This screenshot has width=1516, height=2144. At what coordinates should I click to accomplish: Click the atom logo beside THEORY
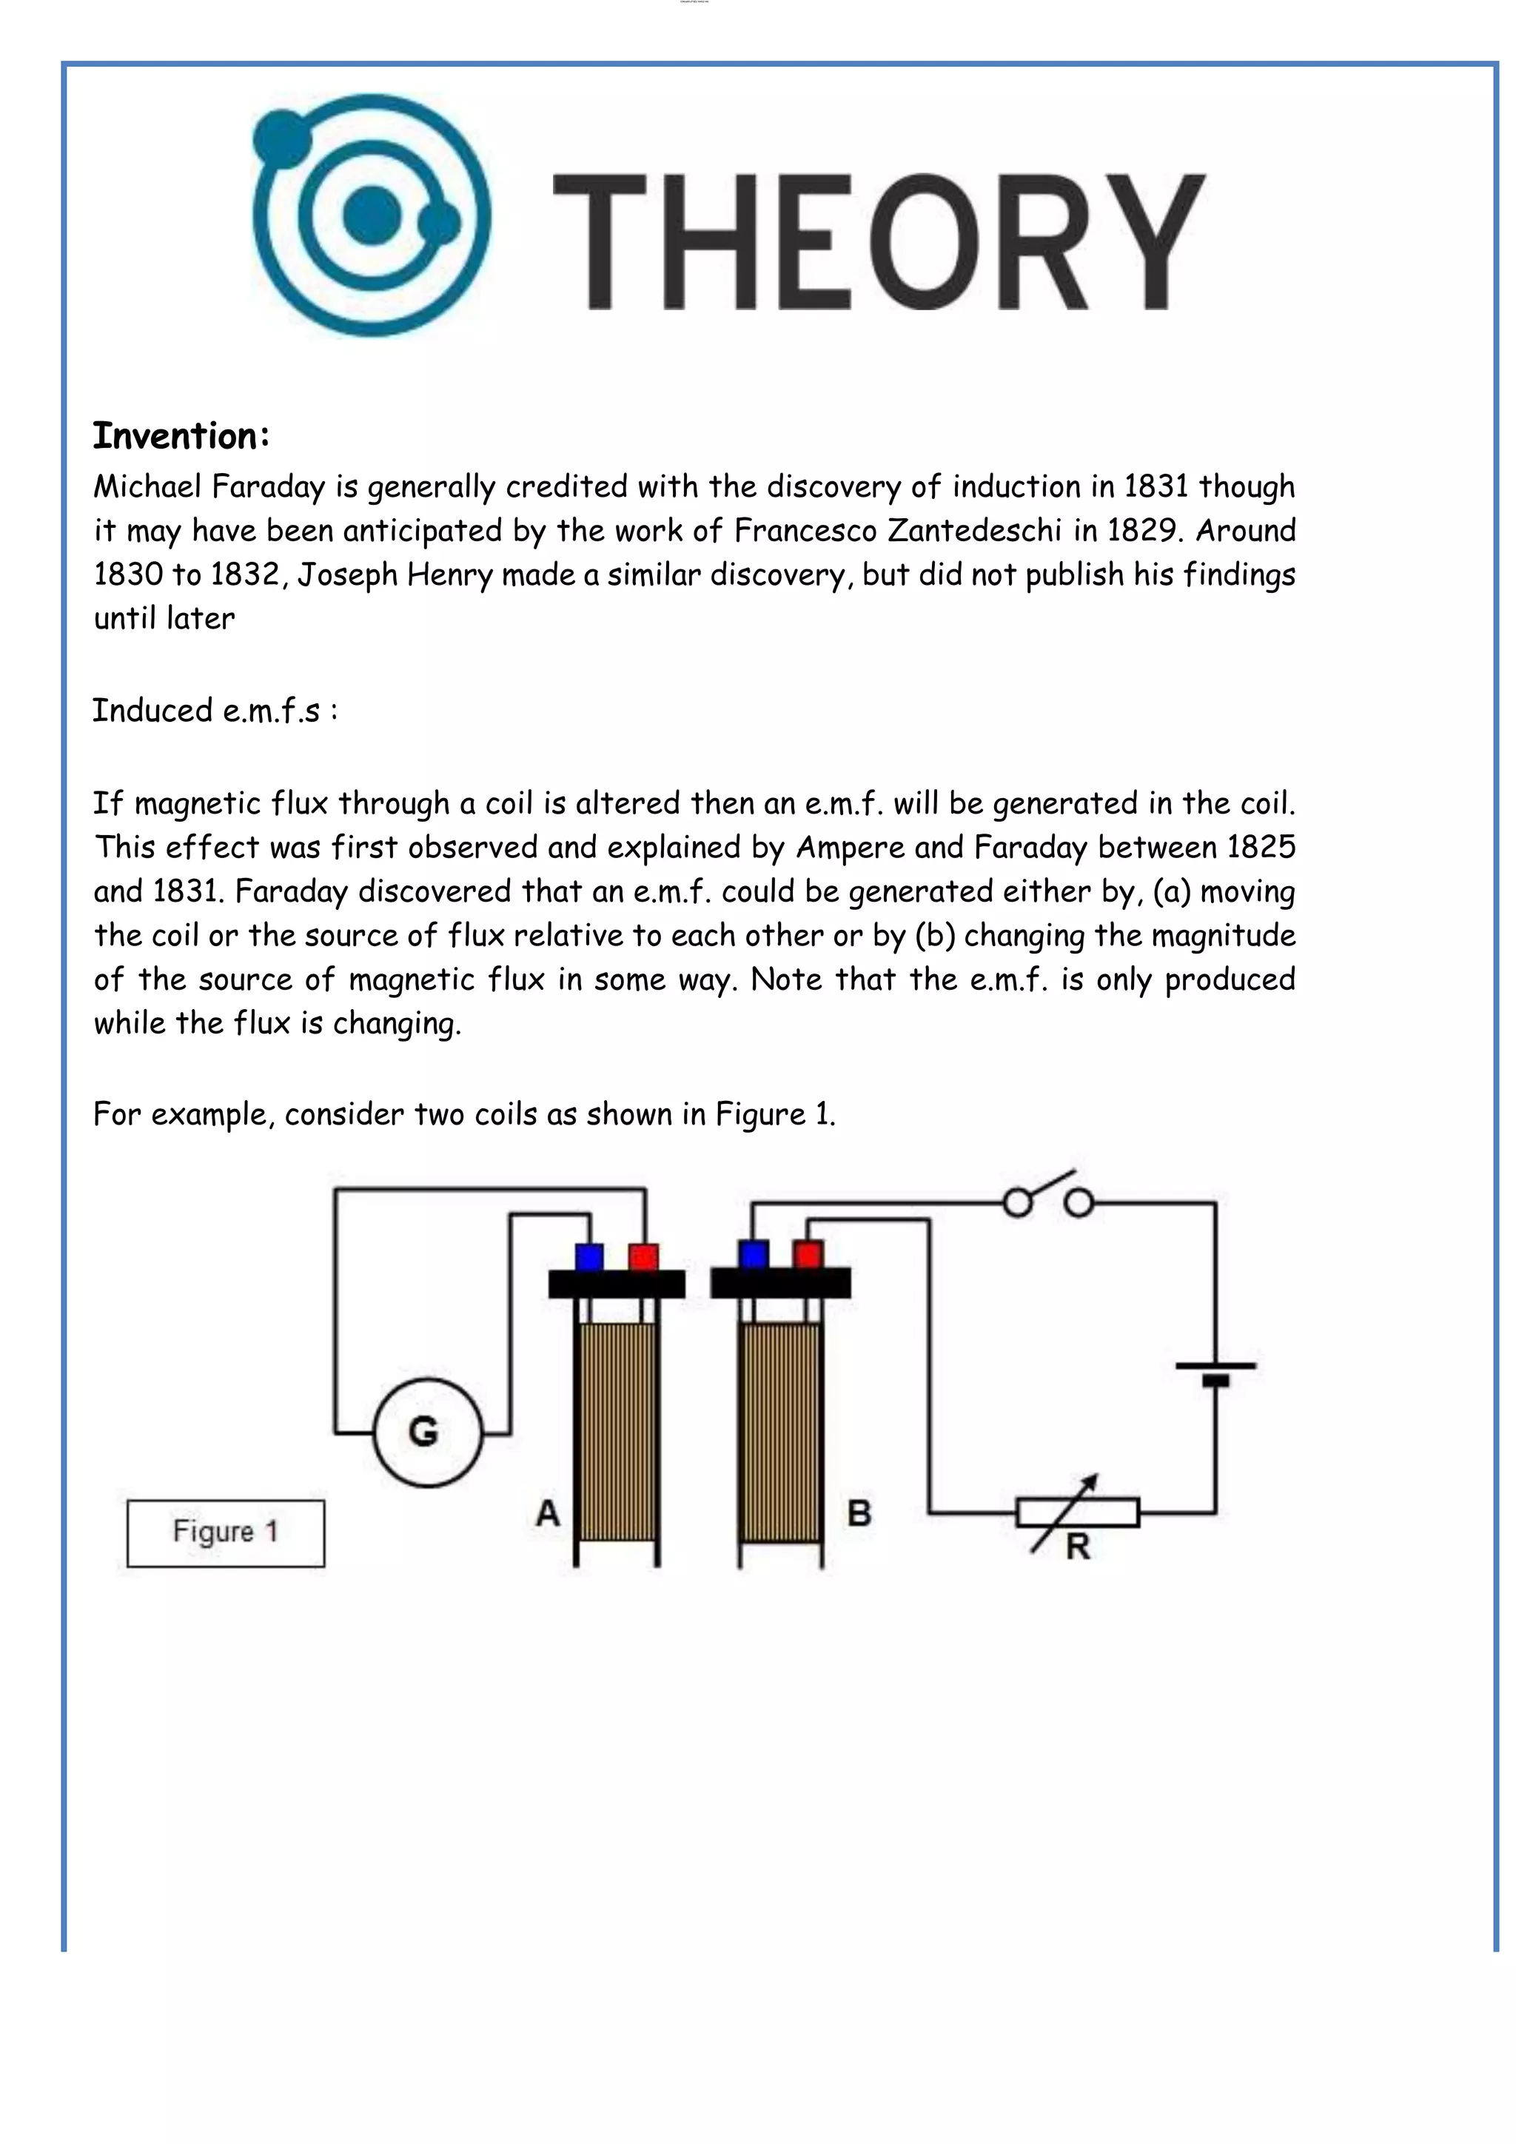372,215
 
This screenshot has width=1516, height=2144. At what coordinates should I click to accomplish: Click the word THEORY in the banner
879,242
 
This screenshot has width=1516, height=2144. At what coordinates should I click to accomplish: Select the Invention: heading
181,436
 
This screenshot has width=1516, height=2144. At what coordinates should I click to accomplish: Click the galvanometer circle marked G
428,1433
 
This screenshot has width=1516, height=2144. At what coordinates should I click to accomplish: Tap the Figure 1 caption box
226,1532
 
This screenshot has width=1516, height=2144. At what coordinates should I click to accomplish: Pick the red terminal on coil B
808,1255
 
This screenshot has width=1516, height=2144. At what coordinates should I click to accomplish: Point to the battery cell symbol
1215,1372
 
